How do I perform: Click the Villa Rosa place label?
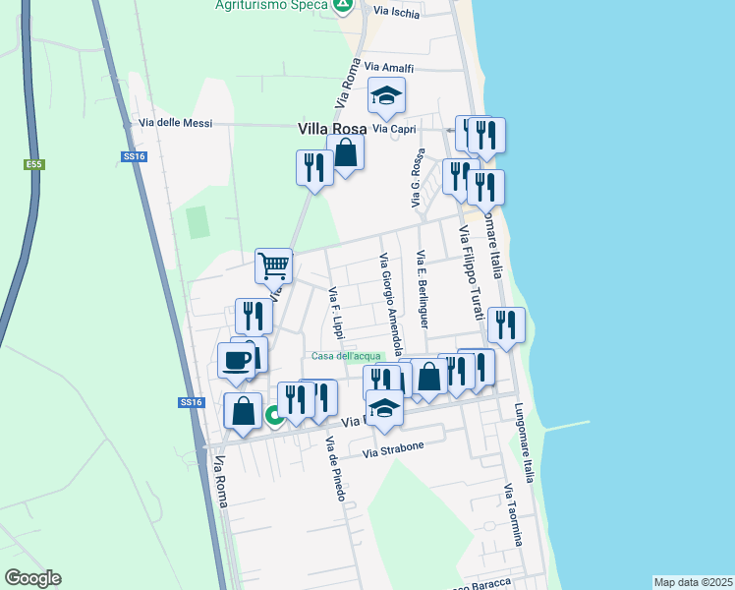pyautogui.click(x=332, y=129)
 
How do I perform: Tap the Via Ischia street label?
pyautogui.click(x=397, y=13)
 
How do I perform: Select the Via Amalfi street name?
pyautogui.click(x=389, y=67)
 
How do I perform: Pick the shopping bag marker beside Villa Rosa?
pyautogui.click(x=346, y=152)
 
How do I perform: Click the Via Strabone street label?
pyautogui.click(x=393, y=449)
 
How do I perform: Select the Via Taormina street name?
pyautogui.click(x=513, y=515)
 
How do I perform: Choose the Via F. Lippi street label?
pyautogui.click(x=336, y=313)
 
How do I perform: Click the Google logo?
pyautogui.click(x=32, y=578)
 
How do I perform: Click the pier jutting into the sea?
pyautogui.click(x=565, y=425)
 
